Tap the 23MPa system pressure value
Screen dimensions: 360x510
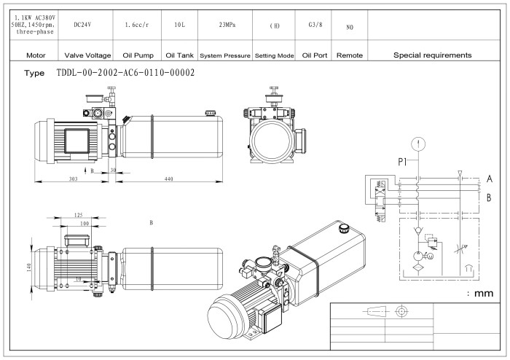[227, 25]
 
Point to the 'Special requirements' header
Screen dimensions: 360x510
[432, 55]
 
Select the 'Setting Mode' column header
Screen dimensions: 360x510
[274, 55]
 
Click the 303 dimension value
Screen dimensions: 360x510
[74, 179]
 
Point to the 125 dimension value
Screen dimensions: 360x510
[78, 216]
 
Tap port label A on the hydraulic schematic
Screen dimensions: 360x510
[490, 179]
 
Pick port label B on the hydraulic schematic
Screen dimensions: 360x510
[490, 197]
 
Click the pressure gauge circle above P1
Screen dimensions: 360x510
[417, 142]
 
